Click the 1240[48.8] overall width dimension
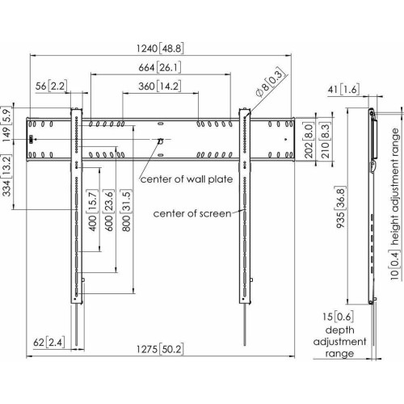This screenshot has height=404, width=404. pyautogui.click(x=160, y=48)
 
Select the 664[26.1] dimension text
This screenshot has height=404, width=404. pyautogui.click(x=160, y=67)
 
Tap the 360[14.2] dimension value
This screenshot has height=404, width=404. pyautogui.click(x=160, y=86)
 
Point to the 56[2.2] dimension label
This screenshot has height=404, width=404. pyautogui.click(x=51, y=86)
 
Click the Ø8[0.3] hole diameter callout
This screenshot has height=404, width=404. pyautogui.click(x=270, y=83)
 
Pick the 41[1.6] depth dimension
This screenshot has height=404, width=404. pyautogui.click(x=343, y=90)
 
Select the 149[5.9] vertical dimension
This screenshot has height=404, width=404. pyautogui.click(x=6, y=124)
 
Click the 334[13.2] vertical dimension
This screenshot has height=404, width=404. pyautogui.click(x=6, y=175)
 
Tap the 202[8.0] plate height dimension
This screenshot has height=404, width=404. pyautogui.click(x=309, y=141)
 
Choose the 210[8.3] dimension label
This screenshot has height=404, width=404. pyautogui.click(x=325, y=141)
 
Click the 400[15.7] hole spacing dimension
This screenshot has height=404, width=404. pyautogui.click(x=93, y=210)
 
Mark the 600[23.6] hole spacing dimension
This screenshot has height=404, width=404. pyautogui.click(x=109, y=210)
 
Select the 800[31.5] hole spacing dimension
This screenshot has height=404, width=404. pyautogui.click(x=126, y=210)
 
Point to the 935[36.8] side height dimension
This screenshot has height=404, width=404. pyautogui.click(x=340, y=207)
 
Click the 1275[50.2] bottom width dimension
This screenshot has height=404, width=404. pyautogui.click(x=160, y=349)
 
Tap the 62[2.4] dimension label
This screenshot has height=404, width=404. pyautogui.click(x=49, y=343)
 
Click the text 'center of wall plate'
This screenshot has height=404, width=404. pyautogui.click(x=187, y=179)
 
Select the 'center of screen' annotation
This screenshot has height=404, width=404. pyautogui.click(x=192, y=213)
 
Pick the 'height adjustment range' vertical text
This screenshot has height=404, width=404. pyautogui.click(x=395, y=187)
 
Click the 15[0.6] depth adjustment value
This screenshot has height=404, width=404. pyautogui.click(x=338, y=317)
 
